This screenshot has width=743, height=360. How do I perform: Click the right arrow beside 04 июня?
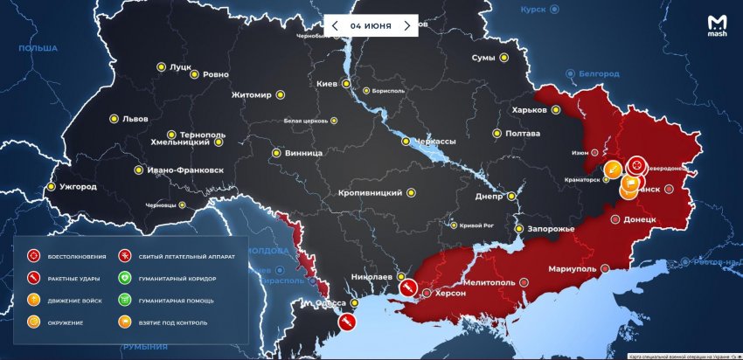406,25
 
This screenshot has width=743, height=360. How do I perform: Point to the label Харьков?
530,110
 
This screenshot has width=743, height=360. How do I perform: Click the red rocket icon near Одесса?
346,322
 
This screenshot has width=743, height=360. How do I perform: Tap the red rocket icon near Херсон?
406,287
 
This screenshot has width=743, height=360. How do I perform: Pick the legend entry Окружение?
65,322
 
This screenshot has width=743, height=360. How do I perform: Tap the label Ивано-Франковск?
186,170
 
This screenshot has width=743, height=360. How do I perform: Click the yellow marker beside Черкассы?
406,142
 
